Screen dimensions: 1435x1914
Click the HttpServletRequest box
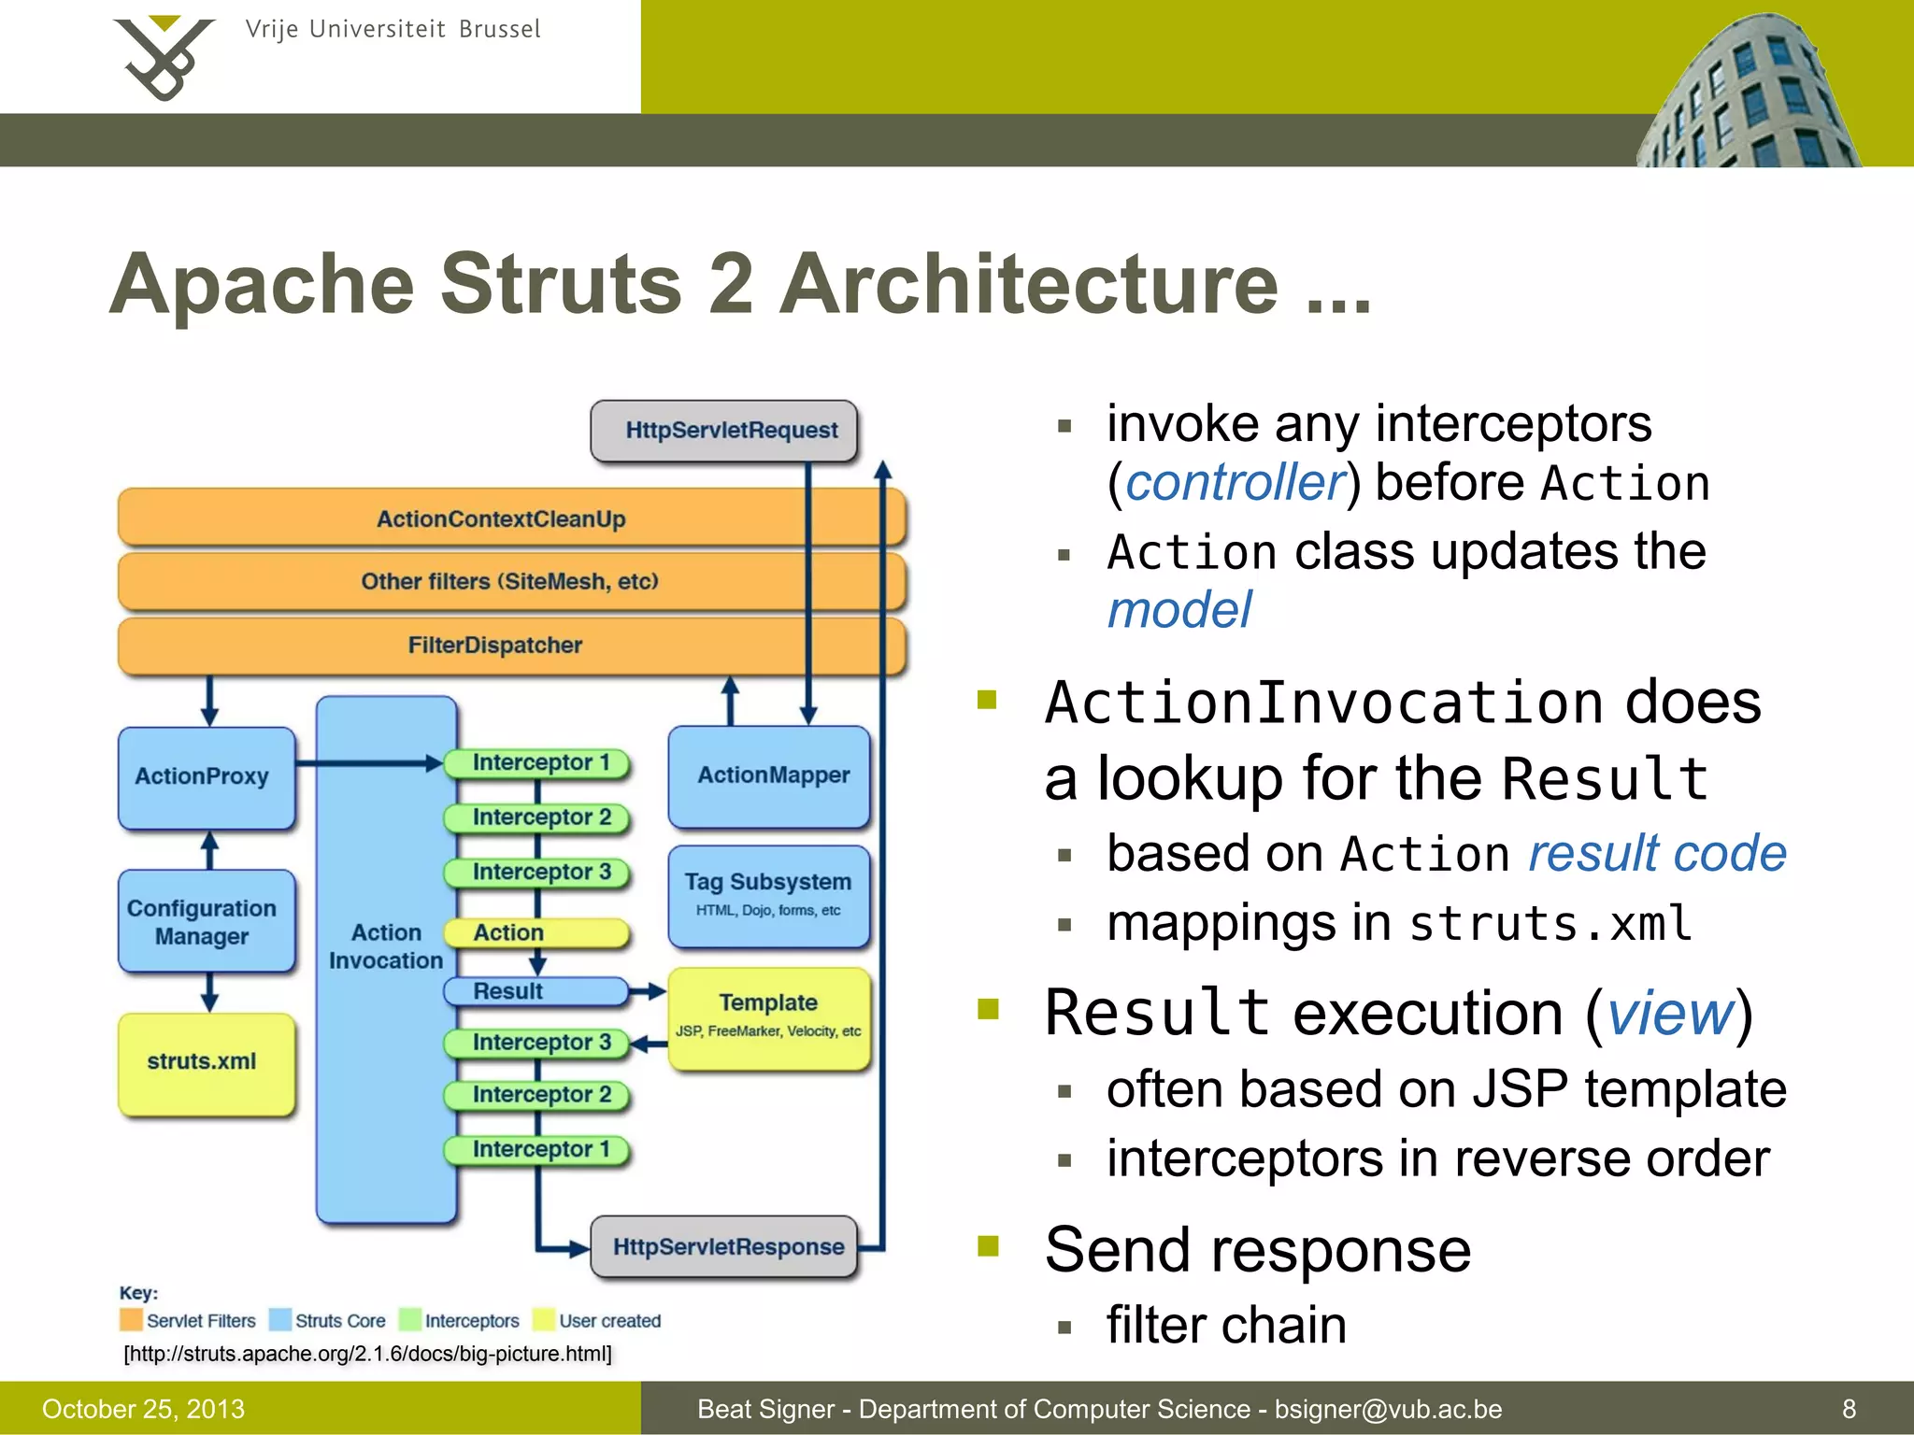point(724,431)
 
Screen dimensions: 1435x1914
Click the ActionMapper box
point(769,775)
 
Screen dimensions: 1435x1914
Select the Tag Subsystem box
point(769,895)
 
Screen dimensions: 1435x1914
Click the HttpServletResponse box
point(724,1246)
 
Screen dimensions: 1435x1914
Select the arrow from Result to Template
point(648,991)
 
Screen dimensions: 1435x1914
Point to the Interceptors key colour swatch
point(409,1319)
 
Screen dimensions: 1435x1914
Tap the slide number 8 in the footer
point(1849,1409)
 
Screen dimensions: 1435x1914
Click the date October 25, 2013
point(143,1409)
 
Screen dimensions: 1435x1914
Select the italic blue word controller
point(1234,483)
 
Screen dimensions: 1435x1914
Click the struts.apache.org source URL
point(367,1354)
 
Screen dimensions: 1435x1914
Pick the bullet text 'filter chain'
point(1226,1325)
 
